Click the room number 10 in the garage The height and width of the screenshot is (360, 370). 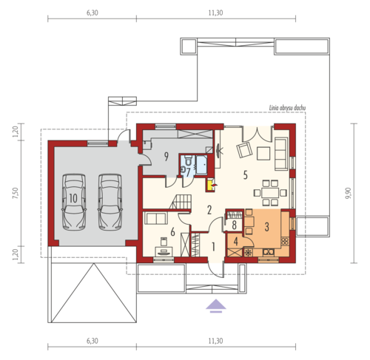pos(73,198)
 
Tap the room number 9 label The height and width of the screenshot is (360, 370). pos(166,157)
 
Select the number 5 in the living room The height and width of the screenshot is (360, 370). pos(245,175)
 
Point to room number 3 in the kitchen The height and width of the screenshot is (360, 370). pos(266,227)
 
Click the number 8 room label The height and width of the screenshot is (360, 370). pos(234,225)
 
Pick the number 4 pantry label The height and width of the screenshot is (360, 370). pos(236,242)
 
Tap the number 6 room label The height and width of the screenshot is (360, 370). pos(172,232)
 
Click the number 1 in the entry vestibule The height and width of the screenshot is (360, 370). pos(213,247)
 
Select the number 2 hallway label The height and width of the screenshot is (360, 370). pos(209,210)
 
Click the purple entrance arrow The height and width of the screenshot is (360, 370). pos(216,305)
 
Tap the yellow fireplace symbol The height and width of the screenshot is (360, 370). pos(210,186)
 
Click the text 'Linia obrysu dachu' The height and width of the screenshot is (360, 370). pos(287,108)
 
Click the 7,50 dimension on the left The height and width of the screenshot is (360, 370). pos(16,193)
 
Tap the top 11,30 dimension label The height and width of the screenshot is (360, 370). pos(215,13)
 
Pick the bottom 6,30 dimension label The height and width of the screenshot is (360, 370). pos(92,341)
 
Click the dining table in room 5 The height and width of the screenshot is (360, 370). pos(270,193)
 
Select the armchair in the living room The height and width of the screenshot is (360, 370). pos(244,150)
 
